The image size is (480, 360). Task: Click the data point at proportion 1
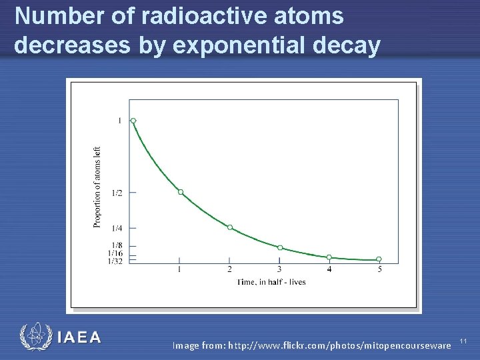(x=133, y=121)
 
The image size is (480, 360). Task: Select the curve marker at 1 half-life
(x=180, y=192)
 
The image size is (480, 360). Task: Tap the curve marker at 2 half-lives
(x=230, y=227)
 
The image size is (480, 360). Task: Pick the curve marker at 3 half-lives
(x=280, y=247)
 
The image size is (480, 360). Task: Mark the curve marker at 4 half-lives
(x=329, y=257)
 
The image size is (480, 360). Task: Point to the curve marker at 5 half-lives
(x=379, y=259)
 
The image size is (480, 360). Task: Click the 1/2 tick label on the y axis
(x=117, y=193)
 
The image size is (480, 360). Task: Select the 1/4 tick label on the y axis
(x=117, y=228)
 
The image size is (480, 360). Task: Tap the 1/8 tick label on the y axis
(x=117, y=246)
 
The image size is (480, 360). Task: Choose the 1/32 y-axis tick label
(x=115, y=261)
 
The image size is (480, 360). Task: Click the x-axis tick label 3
(x=280, y=269)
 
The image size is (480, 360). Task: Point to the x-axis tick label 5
(x=379, y=269)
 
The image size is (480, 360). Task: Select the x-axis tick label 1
(x=180, y=269)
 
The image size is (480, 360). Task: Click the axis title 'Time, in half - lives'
(x=272, y=282)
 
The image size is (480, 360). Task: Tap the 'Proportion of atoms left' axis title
(x=97, y=187)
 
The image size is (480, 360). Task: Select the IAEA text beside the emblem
(x=79, y=337)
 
